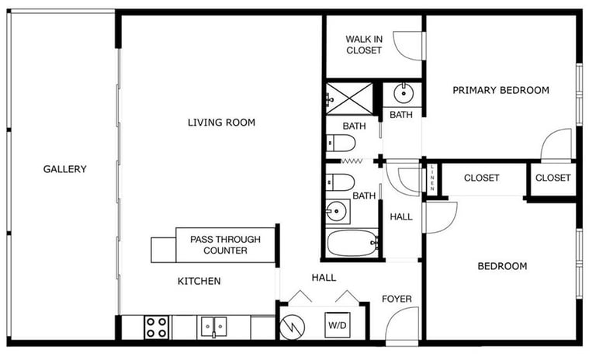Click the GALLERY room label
64,169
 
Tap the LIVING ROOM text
222,123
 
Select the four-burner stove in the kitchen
157,327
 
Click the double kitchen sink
213,327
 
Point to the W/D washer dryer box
338,325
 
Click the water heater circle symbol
293,327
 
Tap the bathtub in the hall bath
352,244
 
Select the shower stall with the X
349,99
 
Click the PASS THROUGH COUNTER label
225,245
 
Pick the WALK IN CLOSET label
364,44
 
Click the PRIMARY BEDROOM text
501,90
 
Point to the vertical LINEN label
432,178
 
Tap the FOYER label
397,299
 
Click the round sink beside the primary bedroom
404,94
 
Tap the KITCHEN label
199,282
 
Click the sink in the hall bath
336,211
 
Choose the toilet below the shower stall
341,144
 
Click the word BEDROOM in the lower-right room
503,266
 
